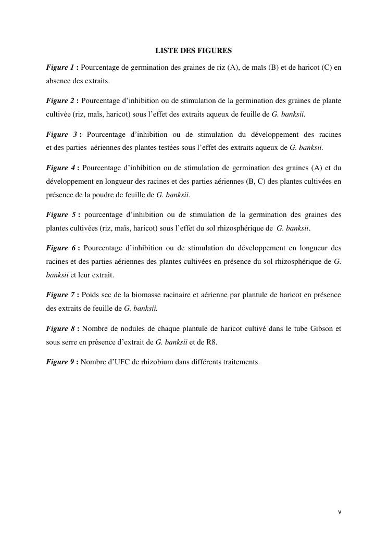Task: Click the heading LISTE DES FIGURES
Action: [x=194, y=51]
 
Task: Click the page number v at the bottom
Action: [x=340, y=512]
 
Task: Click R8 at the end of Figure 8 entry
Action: [x=212, y=342]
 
